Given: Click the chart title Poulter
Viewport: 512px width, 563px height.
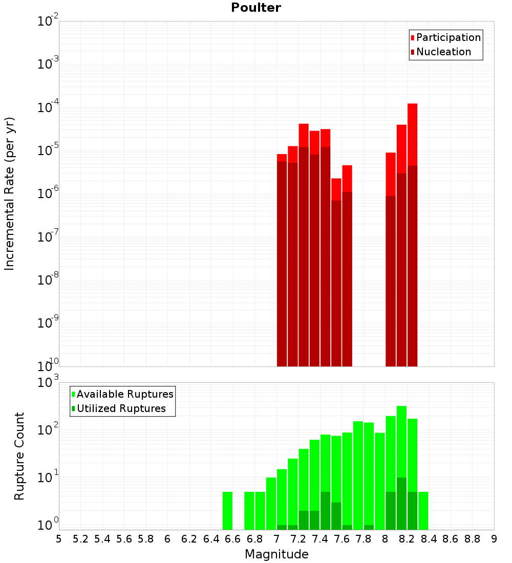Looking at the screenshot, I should (x=256, y=8).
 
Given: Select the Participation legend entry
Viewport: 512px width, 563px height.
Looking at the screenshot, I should (x=449, y=37).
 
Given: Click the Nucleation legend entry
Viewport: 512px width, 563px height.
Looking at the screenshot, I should (x=443, y=52).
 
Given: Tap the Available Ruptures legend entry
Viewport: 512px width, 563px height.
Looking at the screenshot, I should (x=125, y=394).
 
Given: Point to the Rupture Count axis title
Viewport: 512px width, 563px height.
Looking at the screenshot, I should (x=19, y=456).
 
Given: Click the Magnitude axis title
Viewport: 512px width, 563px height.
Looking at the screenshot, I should (x=276, y=554).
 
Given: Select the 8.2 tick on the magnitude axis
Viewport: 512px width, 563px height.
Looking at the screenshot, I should (x=407, y=539).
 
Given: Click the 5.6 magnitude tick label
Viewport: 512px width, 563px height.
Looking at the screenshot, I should (x=124, y=539).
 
